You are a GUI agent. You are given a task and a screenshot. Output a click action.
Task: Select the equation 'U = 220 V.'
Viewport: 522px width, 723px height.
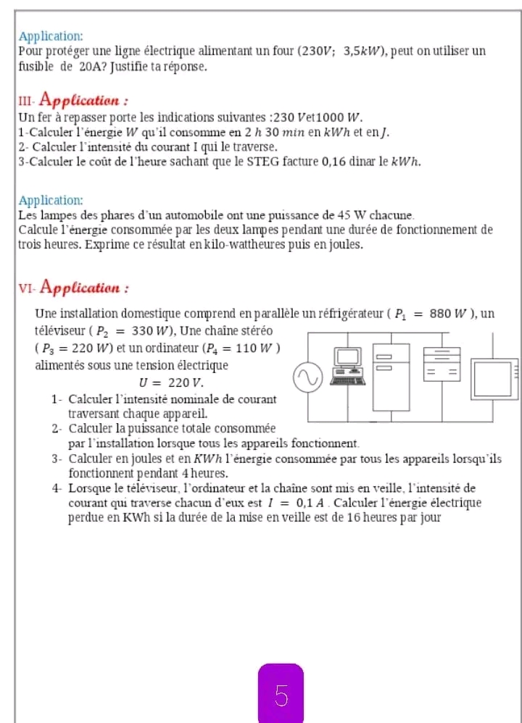click(x=171, y=381)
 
